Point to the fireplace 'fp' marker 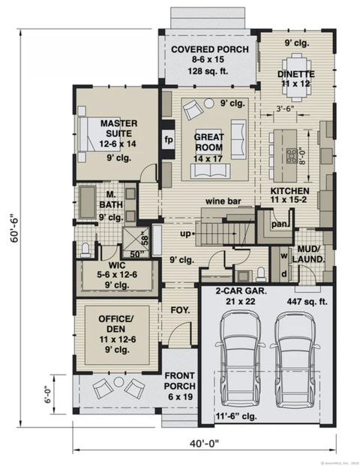tap(168, 140)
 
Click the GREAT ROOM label tap(209, 142)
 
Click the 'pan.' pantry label tap(280, 223)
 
